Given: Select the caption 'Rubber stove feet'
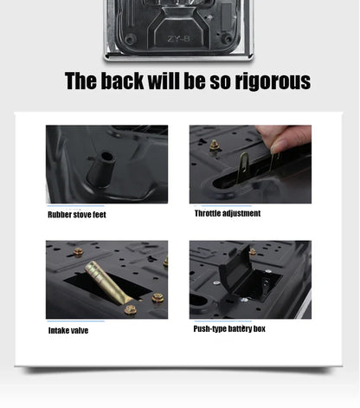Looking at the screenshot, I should click(76, 215).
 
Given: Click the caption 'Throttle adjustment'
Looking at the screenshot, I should click(227, 213).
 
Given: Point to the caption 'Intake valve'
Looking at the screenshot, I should click(67, 331).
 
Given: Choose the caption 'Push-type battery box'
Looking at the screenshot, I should click(229, 329).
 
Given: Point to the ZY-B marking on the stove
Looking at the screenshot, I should click(178, 38).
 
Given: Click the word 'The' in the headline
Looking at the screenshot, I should click(82, 81).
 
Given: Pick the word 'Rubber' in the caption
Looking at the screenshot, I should click(59, 215).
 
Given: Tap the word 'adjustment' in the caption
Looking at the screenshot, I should click(241, 213).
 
